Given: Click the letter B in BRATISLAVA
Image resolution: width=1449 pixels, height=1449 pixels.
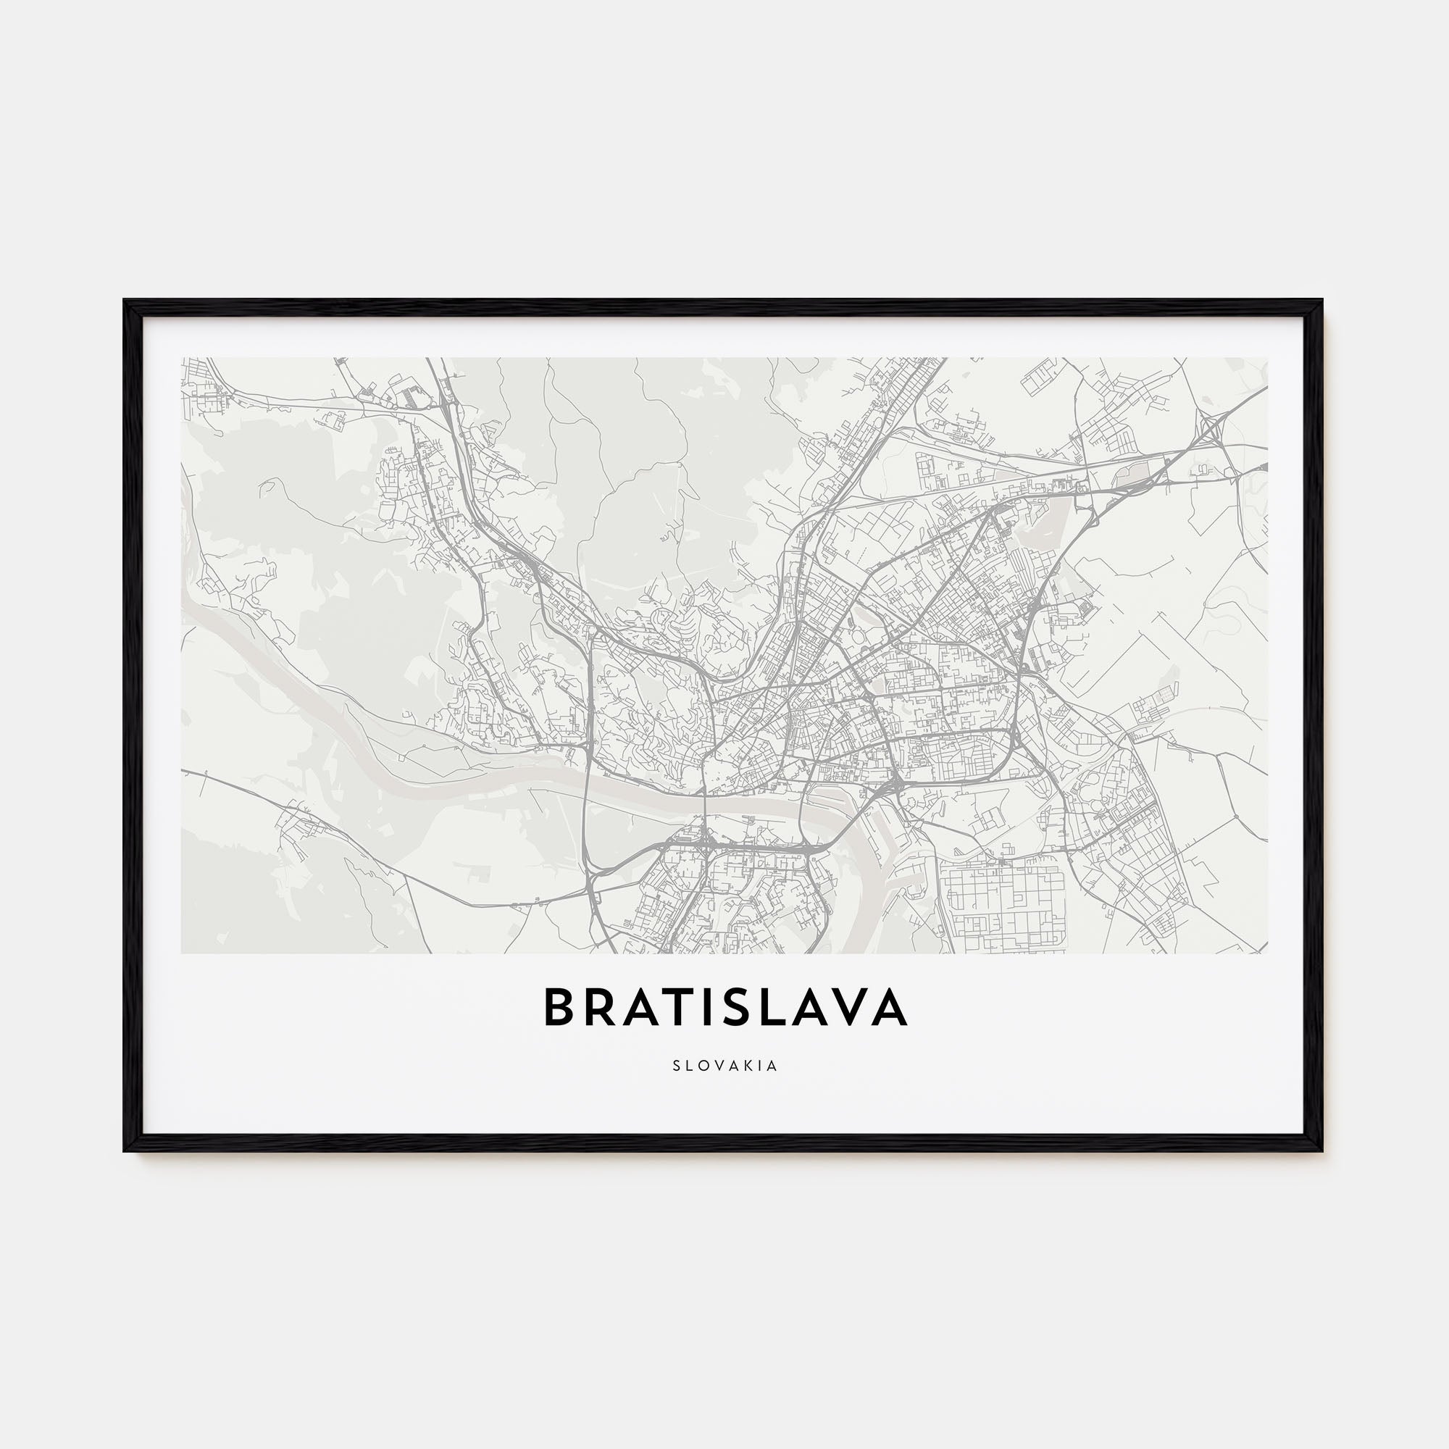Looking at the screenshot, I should (x=558, y=1008).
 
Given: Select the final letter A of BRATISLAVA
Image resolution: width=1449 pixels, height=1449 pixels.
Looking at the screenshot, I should (x=890, y=1008).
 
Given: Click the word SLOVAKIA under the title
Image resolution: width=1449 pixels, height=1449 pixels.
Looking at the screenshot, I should (x=724, y=1066).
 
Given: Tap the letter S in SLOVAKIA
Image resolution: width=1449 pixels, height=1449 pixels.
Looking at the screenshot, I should (x=677, y=1066).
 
